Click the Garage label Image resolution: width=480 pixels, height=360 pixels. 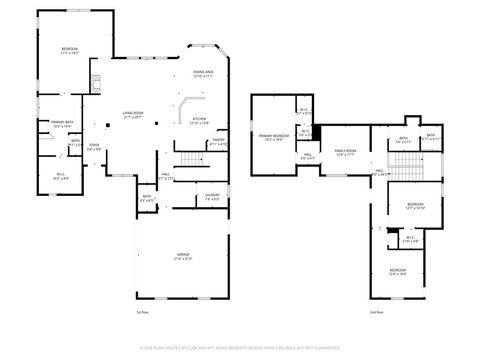tap(183, 257)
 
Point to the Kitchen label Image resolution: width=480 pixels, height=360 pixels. tap(199, 120)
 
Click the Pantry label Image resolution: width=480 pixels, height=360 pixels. tap(218, 144)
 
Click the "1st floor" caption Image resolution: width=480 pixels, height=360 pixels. tap(142, 313)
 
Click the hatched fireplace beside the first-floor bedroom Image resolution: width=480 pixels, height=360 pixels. tap(96, 83)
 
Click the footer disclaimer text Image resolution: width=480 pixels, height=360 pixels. tap(240, 350)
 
